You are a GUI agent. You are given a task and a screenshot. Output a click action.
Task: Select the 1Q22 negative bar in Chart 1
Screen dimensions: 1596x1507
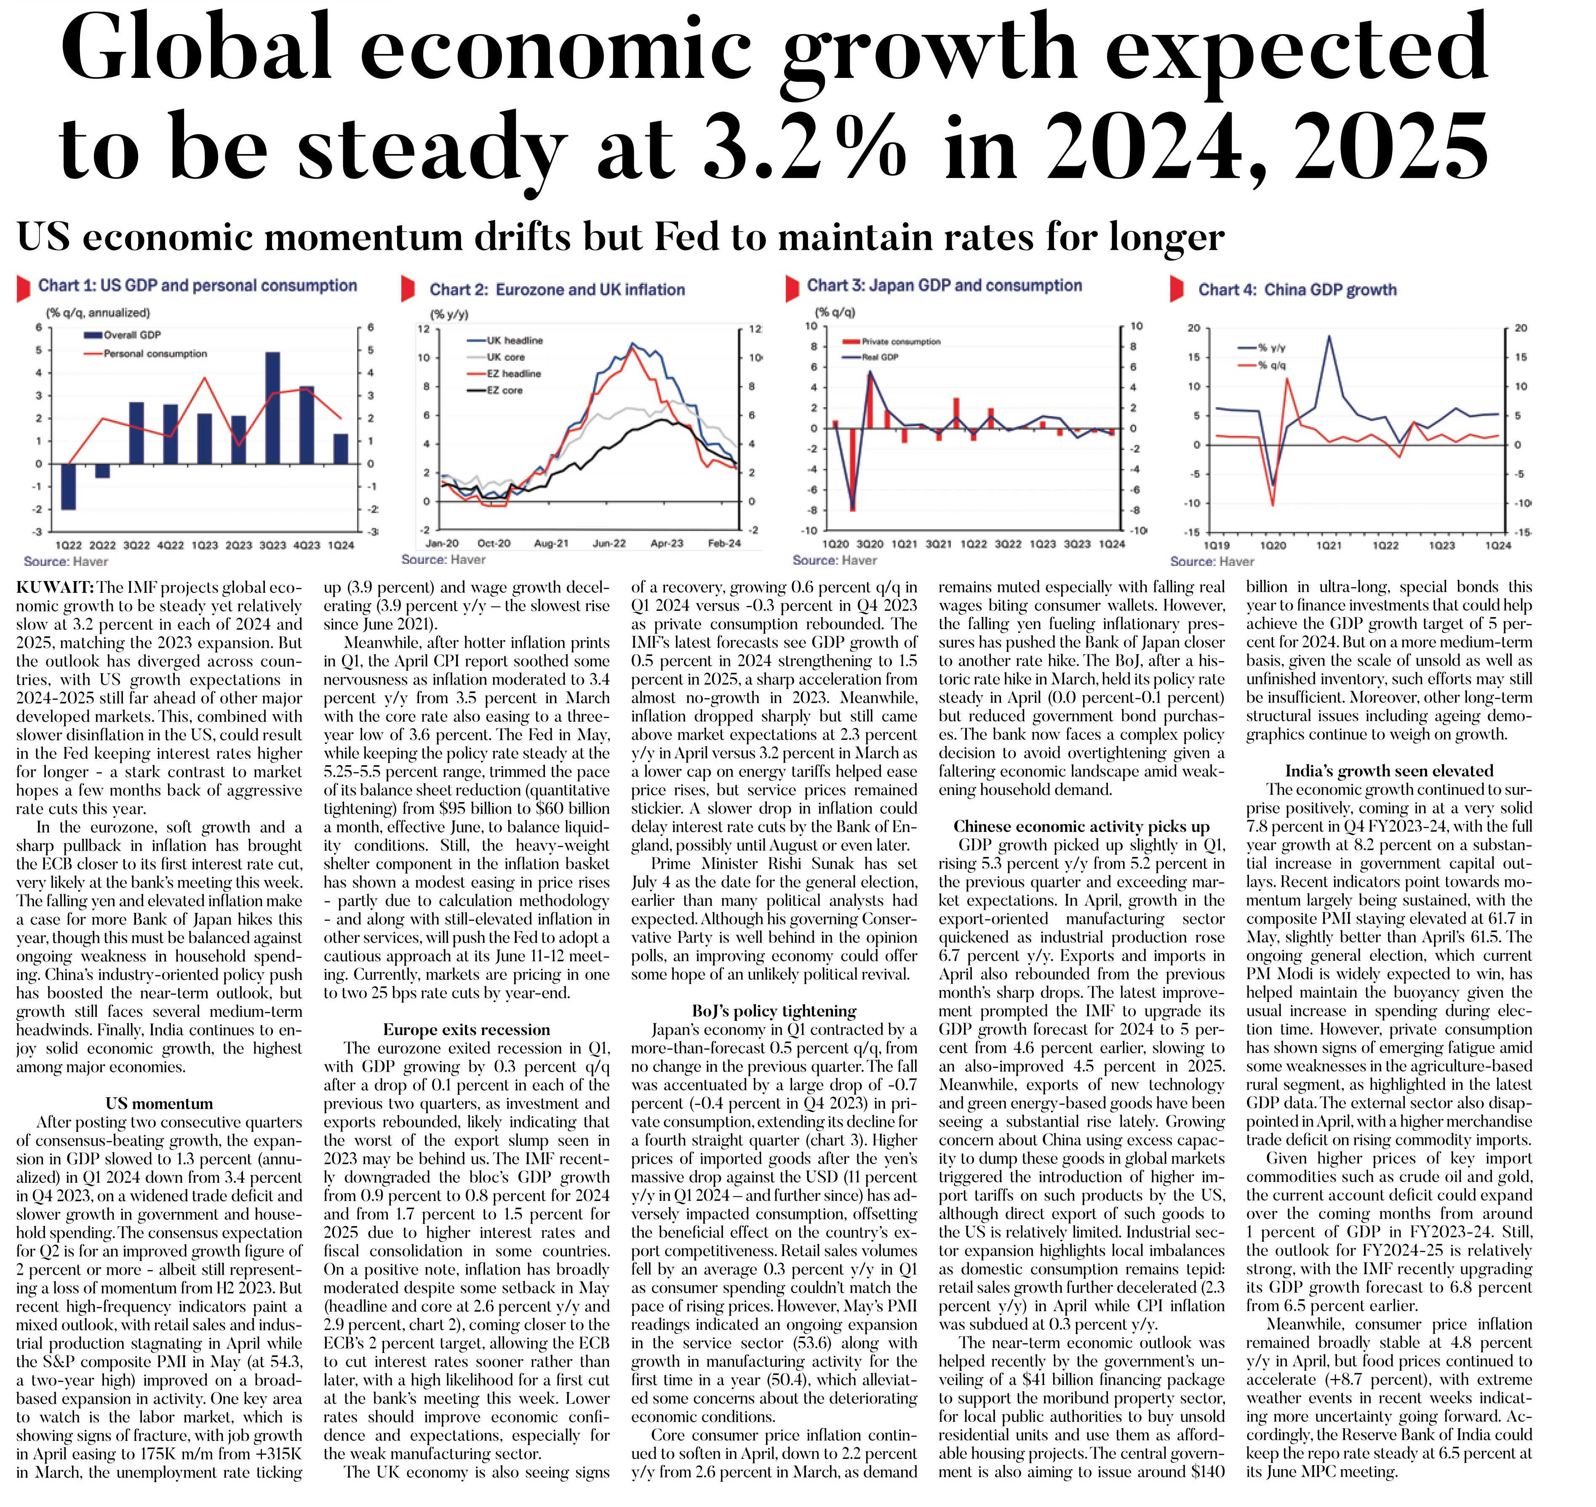pos(69,487)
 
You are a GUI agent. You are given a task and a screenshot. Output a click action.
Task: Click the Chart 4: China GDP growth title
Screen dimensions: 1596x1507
pos(1297,290)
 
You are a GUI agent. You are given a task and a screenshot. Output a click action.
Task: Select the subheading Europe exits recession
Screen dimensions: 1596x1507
pos(467,1030)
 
